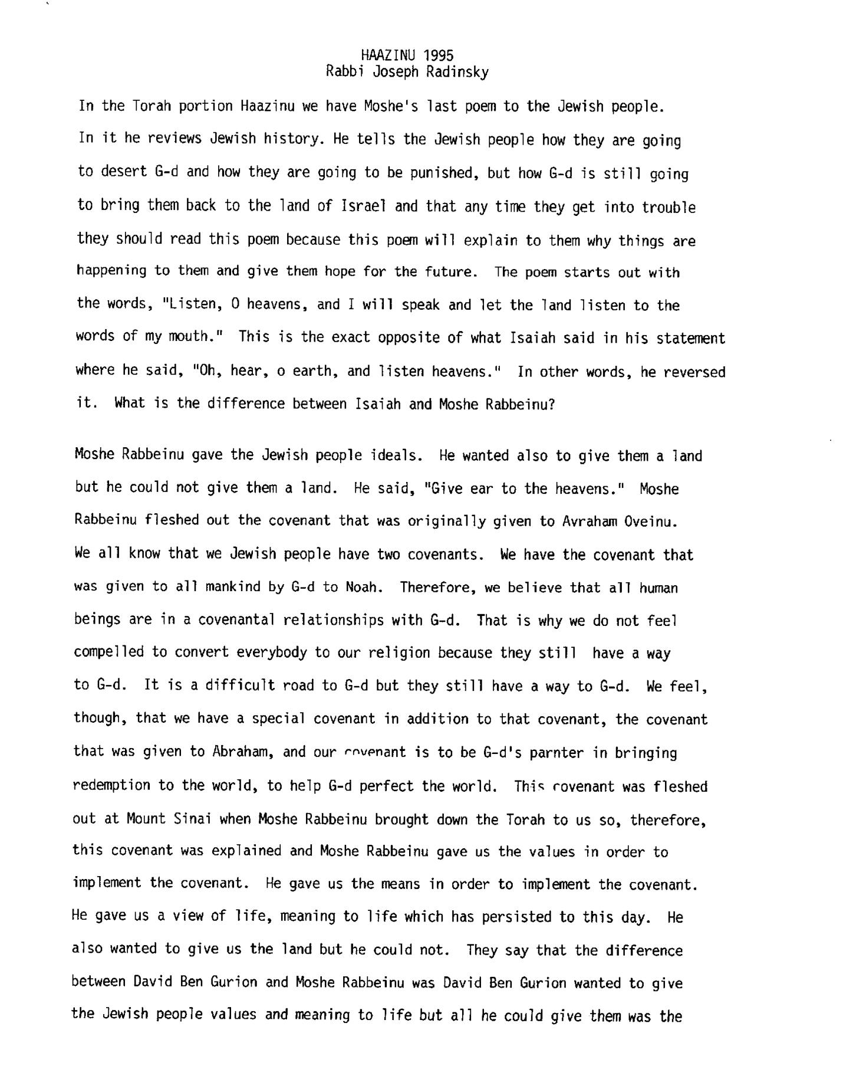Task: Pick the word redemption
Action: (x=111, y=786)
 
